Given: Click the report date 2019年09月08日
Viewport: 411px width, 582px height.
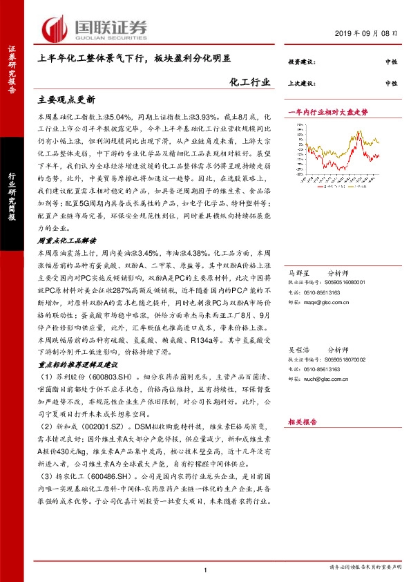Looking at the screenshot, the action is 370,33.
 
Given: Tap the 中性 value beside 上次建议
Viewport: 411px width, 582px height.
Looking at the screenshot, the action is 391,83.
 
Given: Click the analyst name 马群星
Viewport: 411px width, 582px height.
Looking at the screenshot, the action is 298,274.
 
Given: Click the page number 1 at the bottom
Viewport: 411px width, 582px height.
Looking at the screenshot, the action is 206,569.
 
